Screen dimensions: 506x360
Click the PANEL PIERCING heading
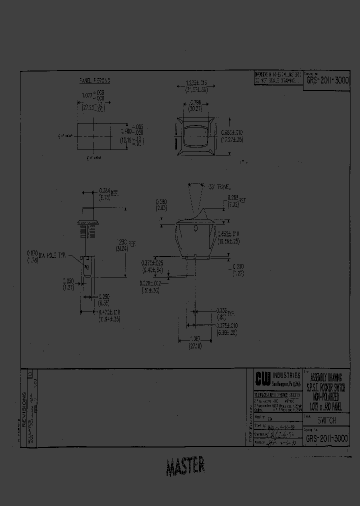click(x=95, y=80)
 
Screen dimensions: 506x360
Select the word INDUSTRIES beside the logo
click(x=286, y=375)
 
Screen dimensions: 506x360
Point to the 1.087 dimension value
click(x=195, y=339)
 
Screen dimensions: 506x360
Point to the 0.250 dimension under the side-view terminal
click(x=104, y=299)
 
